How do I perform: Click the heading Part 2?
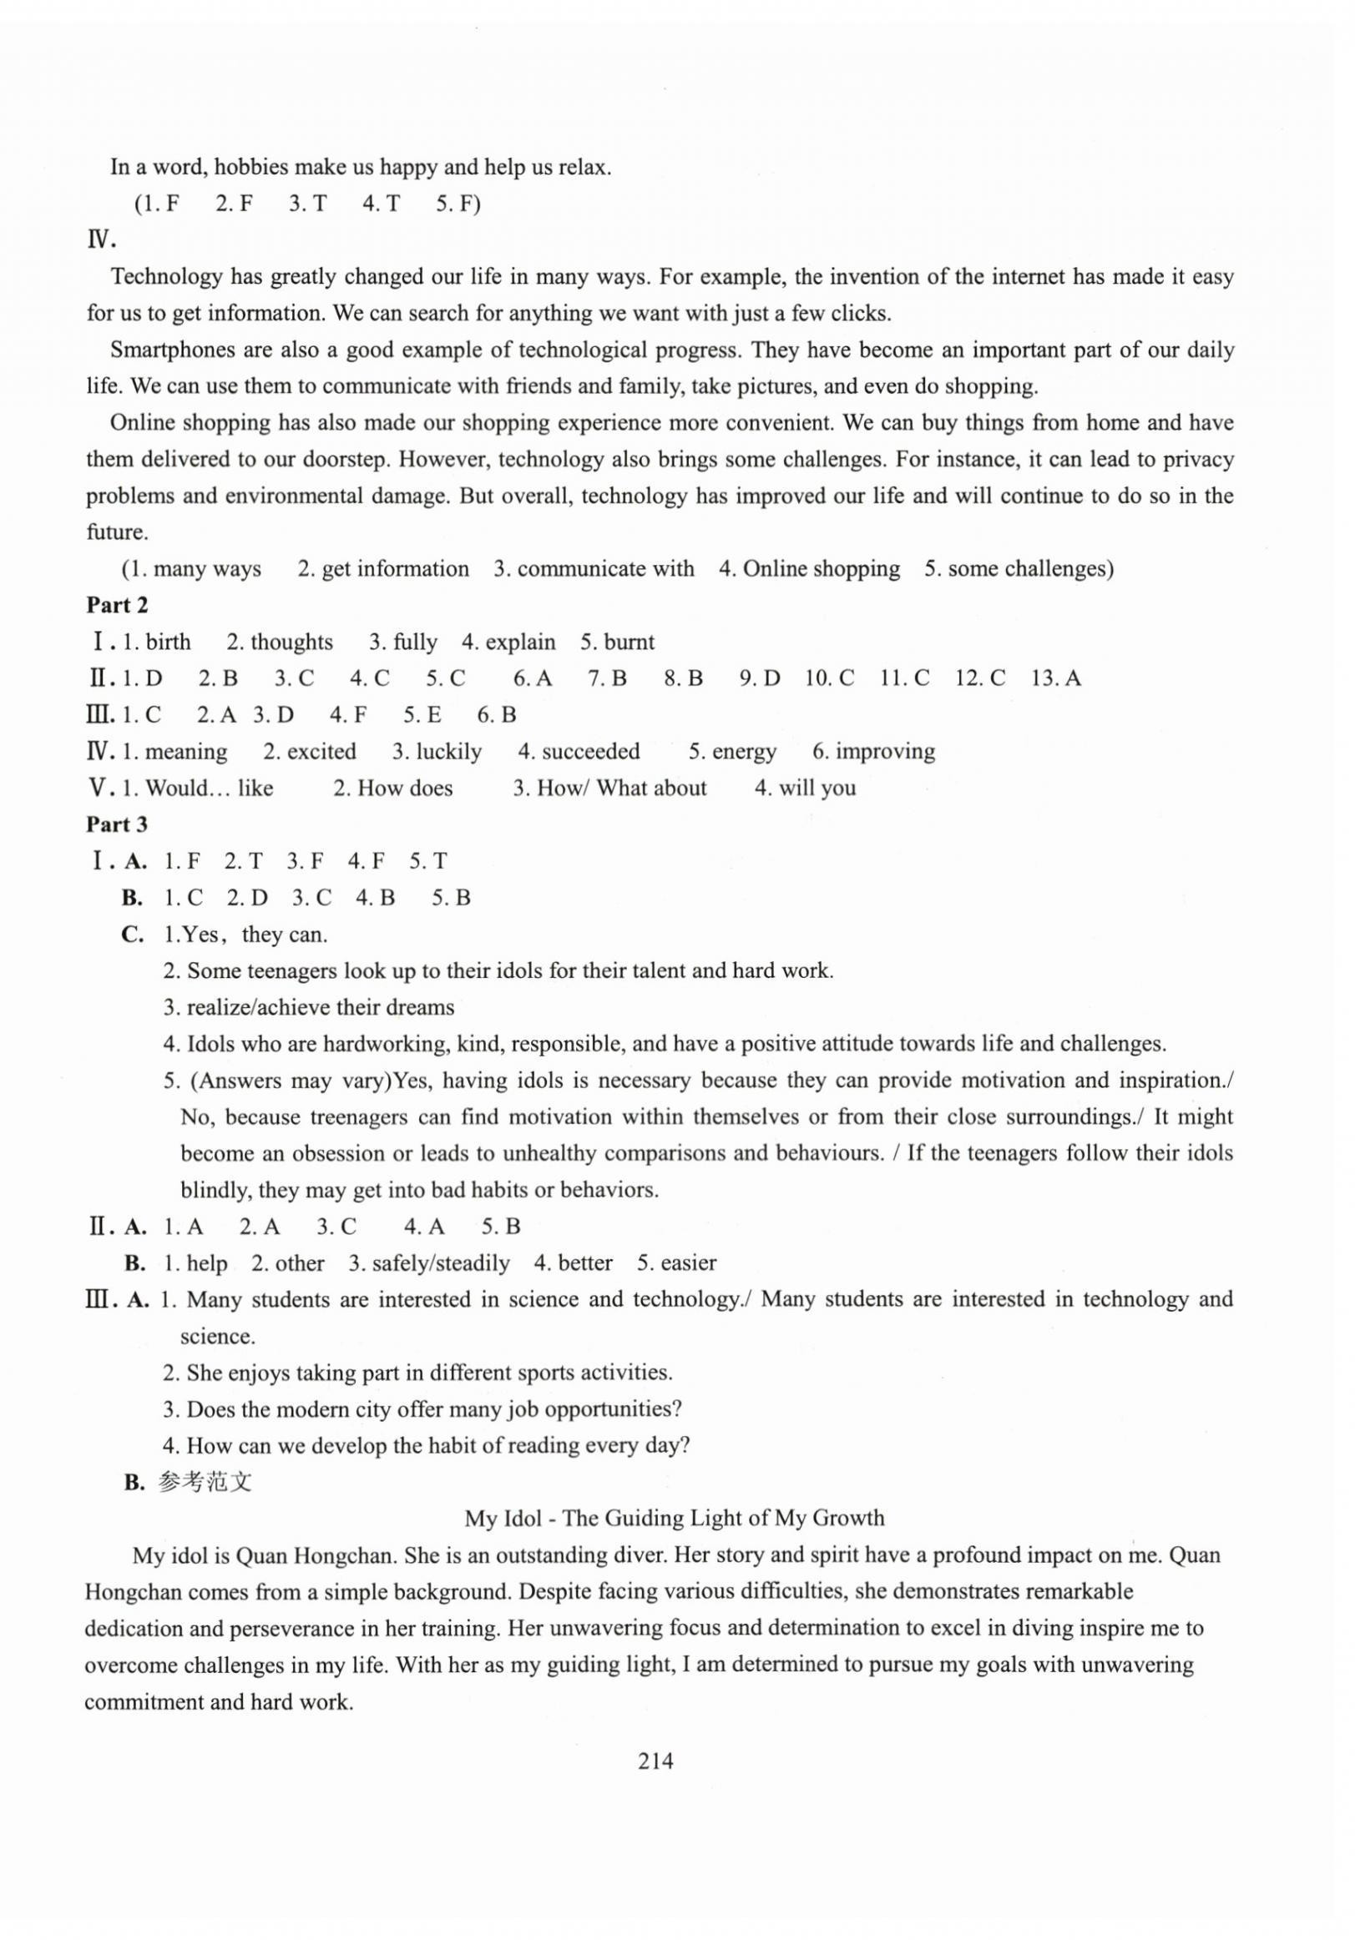[x=117, y=605]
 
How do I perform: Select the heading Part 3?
[x=117, y=824]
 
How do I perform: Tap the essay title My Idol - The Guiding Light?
[x=674, y=1518]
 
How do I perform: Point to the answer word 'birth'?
[x=168, y=642]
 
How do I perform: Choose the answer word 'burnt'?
[x=629, y=642]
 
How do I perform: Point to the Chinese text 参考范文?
[x=205, y=1481]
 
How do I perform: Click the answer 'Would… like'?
[x=209, y=788]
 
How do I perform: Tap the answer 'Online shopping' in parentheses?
[x=821, y=569]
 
